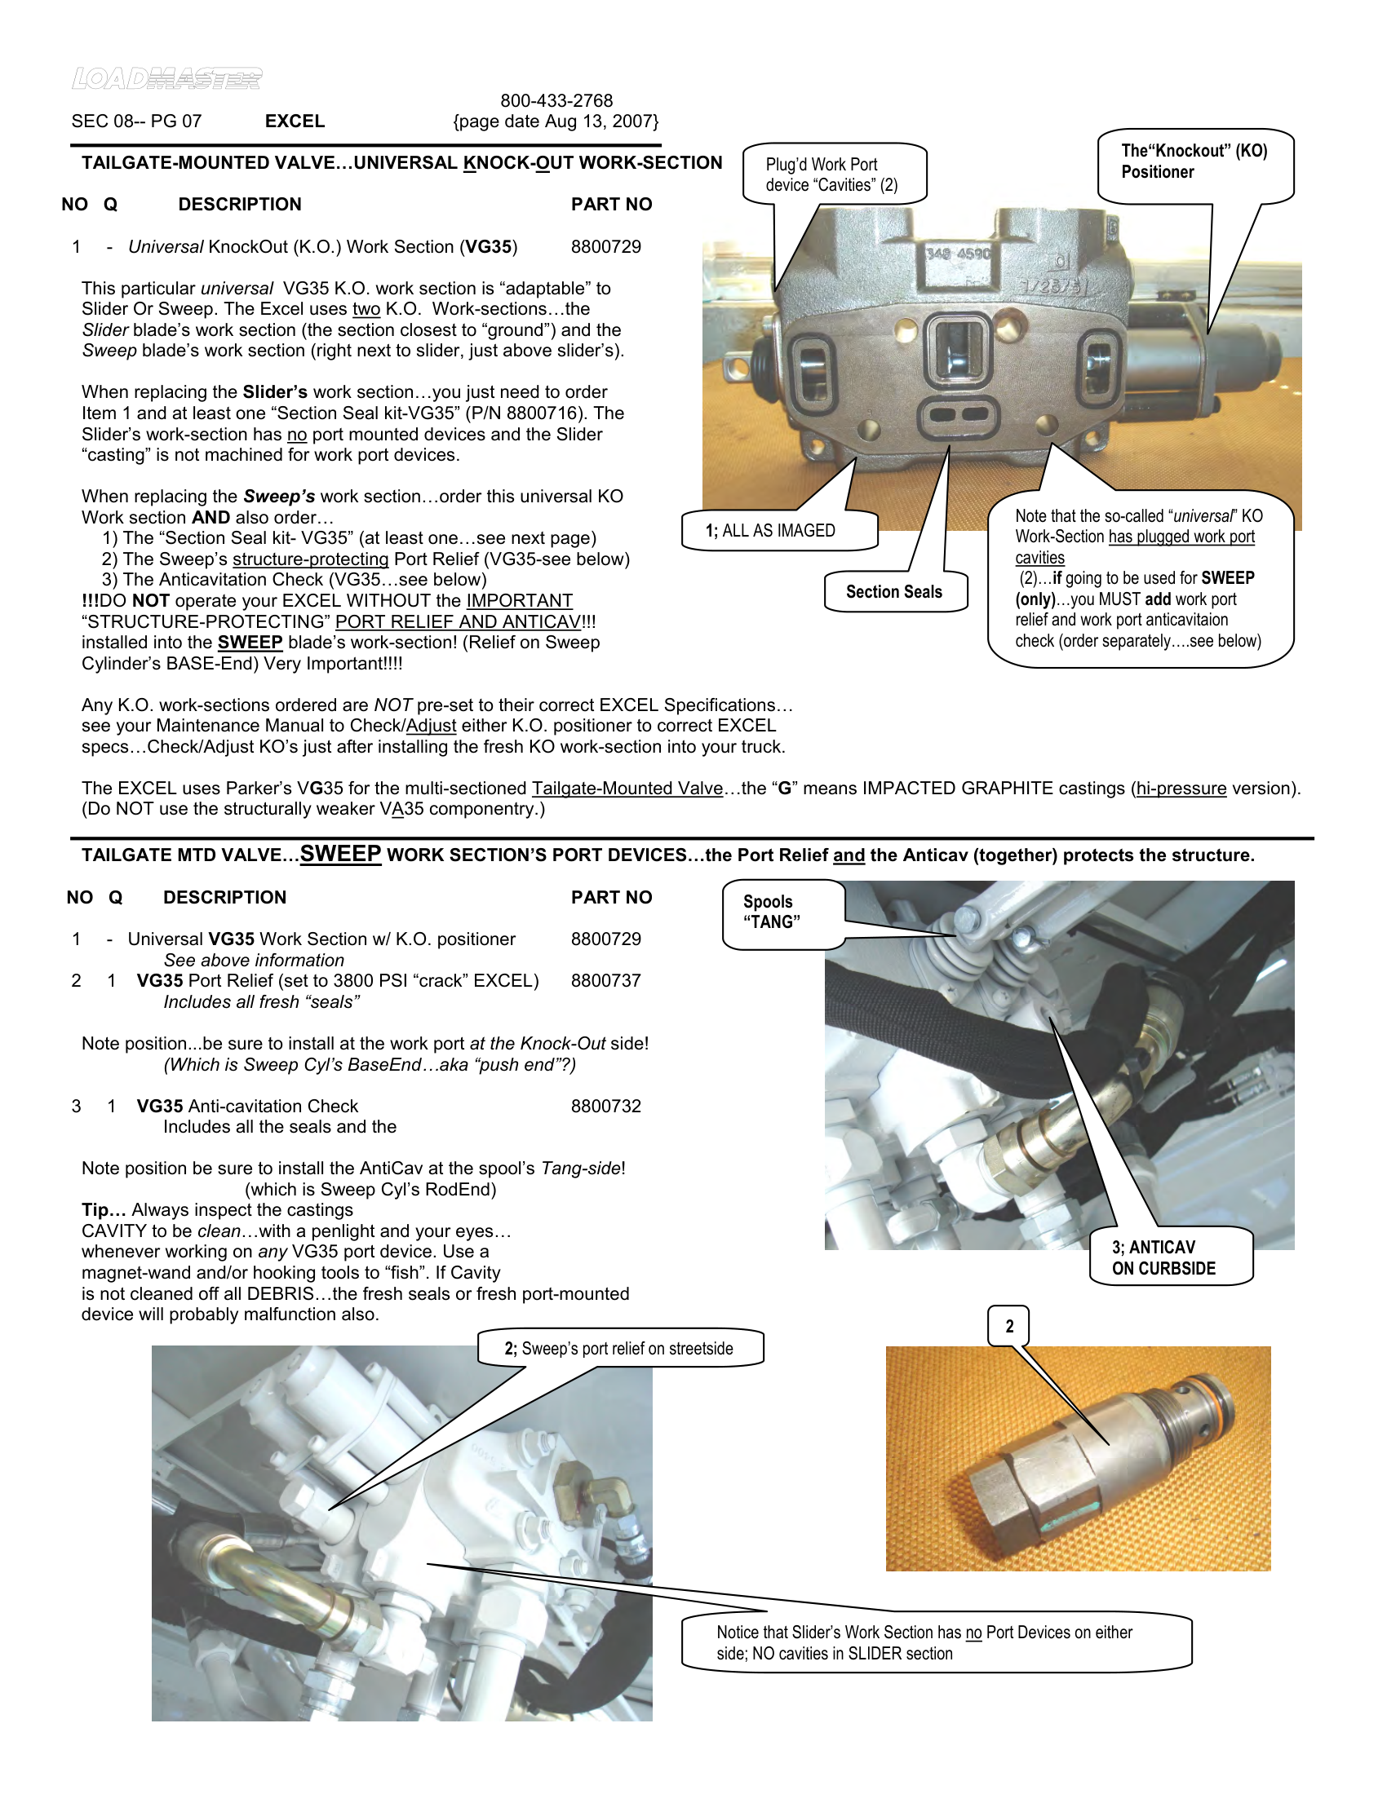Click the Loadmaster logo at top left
166,79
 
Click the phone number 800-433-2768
556,100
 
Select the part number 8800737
605,980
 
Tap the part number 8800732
605,1106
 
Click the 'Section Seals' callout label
894,591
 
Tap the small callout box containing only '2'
1009,1326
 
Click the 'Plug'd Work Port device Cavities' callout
831,175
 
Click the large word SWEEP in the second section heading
340,854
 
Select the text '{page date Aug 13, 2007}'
556,122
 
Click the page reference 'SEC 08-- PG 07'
136,122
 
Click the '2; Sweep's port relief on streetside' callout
618,1349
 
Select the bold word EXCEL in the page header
295,122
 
